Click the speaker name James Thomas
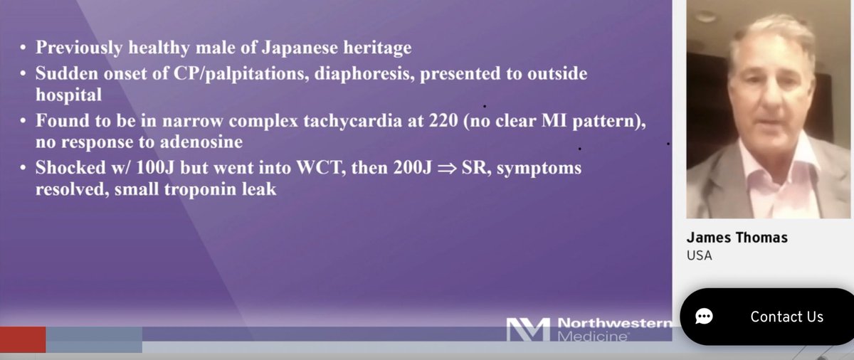(x=737, y=238)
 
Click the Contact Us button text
(x=786, y=317)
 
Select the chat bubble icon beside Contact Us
(x=704, y=317)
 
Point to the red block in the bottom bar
(x=23, y=339)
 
